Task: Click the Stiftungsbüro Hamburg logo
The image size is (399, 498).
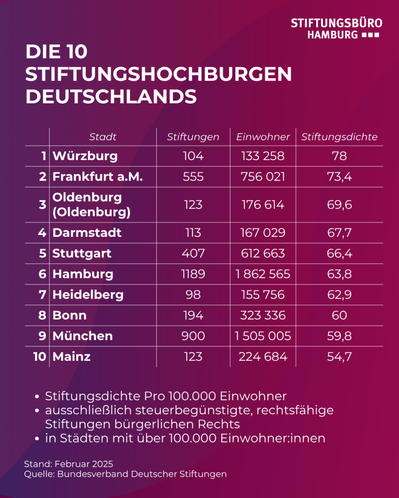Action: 336,29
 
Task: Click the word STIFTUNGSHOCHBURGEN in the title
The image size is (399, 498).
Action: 158,74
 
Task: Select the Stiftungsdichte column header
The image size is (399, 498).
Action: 339,137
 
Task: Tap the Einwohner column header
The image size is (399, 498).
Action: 263,137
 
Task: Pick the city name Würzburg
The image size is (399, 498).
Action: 85,156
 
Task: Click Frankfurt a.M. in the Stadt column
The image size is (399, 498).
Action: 97,177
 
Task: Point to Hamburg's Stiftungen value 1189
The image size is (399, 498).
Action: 193,274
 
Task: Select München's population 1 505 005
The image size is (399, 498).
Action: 263,336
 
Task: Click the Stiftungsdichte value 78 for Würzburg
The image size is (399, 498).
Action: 339,156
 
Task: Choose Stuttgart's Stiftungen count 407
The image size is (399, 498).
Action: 193,253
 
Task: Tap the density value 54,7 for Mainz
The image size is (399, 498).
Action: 339,357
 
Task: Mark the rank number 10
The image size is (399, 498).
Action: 39,357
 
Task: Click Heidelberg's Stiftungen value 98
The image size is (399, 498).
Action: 193,295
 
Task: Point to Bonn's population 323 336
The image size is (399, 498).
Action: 263,315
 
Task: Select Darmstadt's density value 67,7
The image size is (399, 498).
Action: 339,233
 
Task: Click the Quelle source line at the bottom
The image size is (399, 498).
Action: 125,474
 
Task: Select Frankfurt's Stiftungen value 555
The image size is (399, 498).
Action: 193,177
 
